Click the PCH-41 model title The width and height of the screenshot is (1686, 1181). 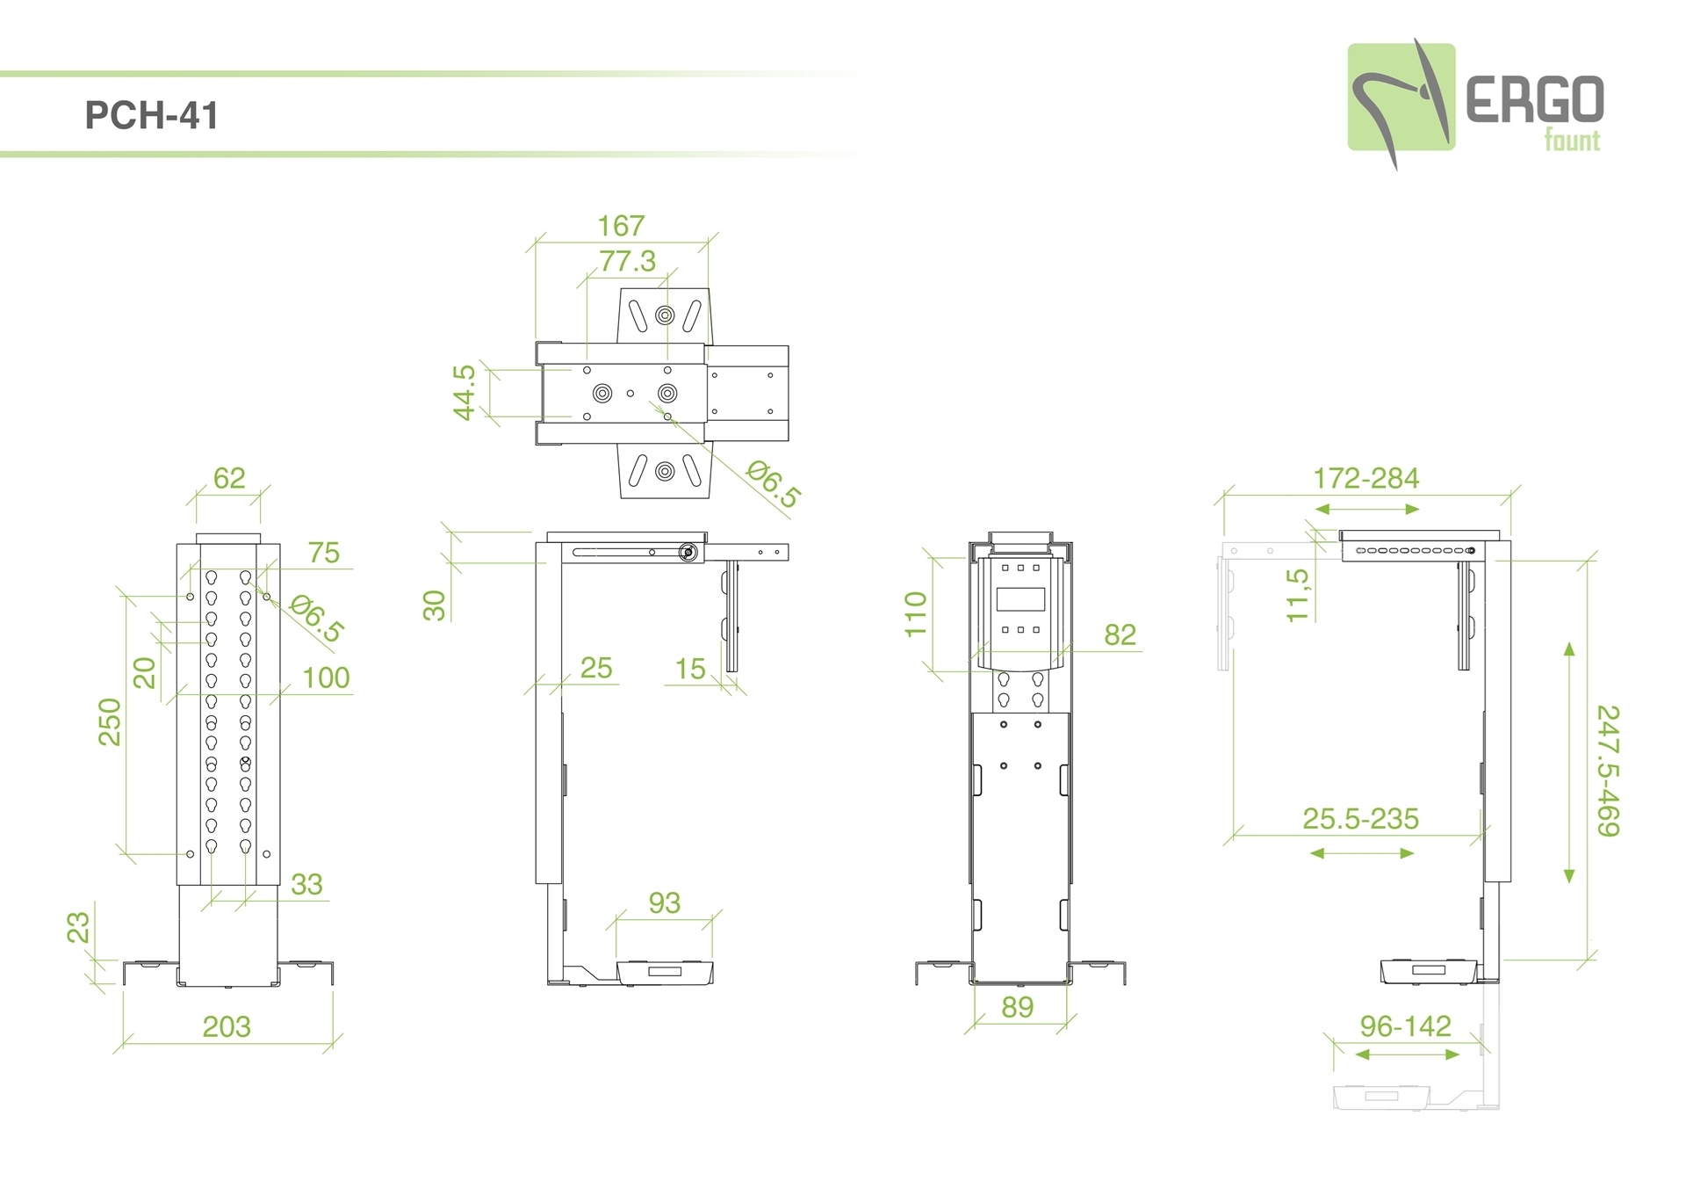(x=151, y=115)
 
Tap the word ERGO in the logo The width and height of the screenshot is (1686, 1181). (x=1535, y=99)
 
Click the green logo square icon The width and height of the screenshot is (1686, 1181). (x=1401, y=97)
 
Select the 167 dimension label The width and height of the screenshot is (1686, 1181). (x=621, y=226)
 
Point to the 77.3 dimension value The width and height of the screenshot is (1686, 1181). (x=628, y=261)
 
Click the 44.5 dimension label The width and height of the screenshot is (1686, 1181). (x=464, y=393)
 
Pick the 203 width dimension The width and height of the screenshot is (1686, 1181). (x=227, y=1026)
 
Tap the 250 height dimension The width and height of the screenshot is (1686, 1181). (x=110, y=721)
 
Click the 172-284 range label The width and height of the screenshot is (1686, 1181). (x=1365, y=478)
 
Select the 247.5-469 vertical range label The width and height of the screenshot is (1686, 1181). (x=1608, y=771)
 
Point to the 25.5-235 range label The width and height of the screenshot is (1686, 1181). (x=1360, y=818)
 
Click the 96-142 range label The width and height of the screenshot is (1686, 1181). (x=1405, y=1025)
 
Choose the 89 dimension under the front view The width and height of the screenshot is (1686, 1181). (x=1018, y=1007)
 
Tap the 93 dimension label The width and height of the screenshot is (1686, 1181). (x=665, y=902)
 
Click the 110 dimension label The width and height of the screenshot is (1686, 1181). (x=916, y=613)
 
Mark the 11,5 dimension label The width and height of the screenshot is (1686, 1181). (x=1297, y=596)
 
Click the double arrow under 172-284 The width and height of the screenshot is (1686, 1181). (x=1367, y=509)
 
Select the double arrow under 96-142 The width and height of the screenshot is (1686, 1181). (x=1408, y=1054)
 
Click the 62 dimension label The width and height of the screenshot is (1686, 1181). (x=229, y=478)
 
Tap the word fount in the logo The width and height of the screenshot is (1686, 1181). (x=1572, y=141)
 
